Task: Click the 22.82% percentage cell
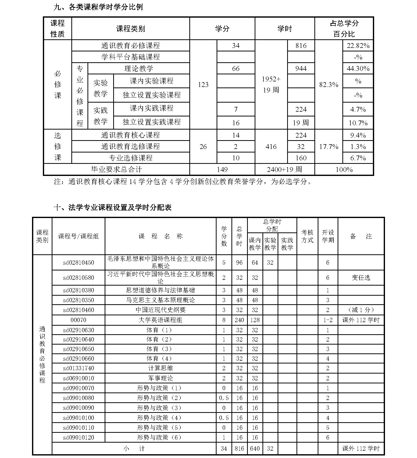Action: click(358, 46)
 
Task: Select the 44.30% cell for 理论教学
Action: click(358, 69)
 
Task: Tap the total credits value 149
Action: click(222, 169)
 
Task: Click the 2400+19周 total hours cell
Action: click(284, 169)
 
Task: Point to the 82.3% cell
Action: click(329, 85)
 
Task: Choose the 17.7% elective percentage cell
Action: click(329, 147)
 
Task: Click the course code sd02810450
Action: click(78, 263)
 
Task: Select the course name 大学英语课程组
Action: click(160, 320)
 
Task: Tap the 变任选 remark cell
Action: click(361, 278)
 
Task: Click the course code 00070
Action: click(78, 320)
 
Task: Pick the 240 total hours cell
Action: click(239, 320)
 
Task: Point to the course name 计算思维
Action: click(160, 368)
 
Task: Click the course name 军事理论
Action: click(160, 378)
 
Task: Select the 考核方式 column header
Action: click(307, 236)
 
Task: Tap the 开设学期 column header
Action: click(328, 236)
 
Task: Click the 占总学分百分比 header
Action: click(344, 28)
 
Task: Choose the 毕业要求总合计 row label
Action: click(116, 169)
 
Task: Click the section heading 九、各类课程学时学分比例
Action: click(98, 7)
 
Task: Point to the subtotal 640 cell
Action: click(255, 448)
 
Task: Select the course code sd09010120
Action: click(78, 437)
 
